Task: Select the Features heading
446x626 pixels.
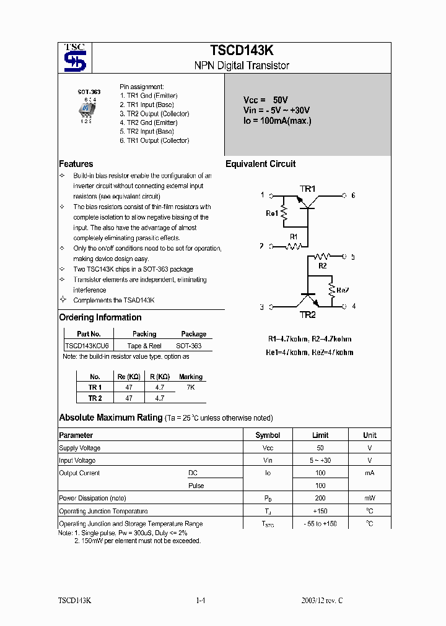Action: [76, 164]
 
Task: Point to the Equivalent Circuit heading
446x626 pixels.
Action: [260, 164]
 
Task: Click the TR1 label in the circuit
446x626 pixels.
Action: [308, 189]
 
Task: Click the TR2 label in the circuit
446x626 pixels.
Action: [308, 315]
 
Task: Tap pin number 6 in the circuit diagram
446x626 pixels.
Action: [353, 195]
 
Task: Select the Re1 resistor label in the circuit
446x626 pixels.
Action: [272, 213]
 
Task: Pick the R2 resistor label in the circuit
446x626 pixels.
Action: [322, 266]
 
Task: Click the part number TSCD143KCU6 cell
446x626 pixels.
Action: [87, 346]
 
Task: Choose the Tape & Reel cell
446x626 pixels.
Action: [144, 346]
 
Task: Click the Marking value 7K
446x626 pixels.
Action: [191, 387]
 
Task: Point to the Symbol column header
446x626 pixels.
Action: [268, 435]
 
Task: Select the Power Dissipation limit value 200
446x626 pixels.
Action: [320, 499]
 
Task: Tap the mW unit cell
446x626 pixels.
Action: [369, 499]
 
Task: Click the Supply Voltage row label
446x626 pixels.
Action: [79, 448]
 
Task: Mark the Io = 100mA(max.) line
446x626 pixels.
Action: [277, 121]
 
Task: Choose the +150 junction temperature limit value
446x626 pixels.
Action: [320, 511]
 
